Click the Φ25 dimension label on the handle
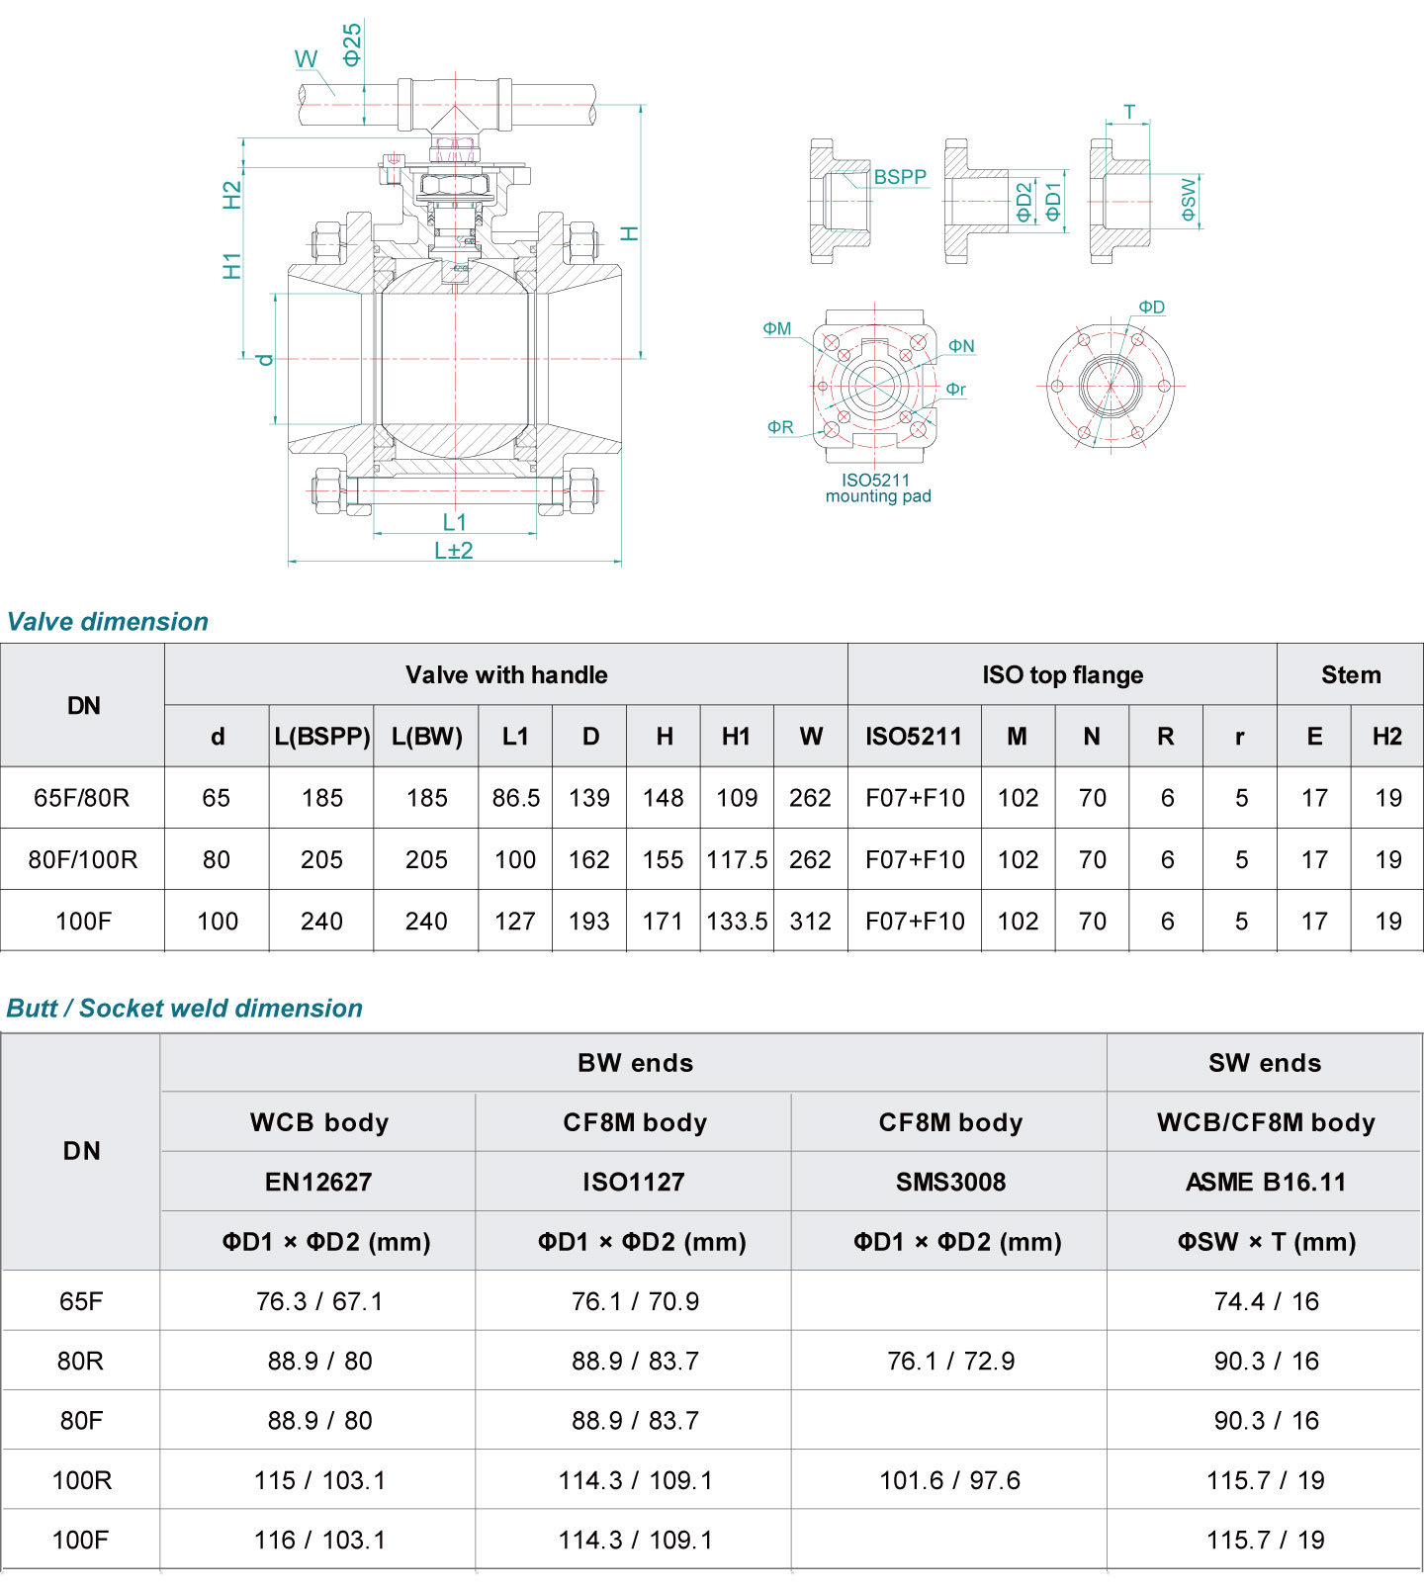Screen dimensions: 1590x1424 [x=352, y=44]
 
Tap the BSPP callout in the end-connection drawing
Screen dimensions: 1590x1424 [x=900, y=177]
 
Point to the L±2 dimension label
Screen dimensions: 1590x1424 [x=454, y=551]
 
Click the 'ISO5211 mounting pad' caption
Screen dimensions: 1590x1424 [x=877, y=488]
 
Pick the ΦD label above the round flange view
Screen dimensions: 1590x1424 [x=1151, y=308]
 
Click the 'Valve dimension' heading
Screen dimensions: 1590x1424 [x=108, y=622]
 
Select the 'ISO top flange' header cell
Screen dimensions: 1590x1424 [x=1062, y=675]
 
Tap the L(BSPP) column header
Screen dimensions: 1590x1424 [x=322, y=737]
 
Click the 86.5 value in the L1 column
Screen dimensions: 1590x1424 [x=515, y=798]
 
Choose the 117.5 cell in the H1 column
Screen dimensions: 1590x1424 [x=737, y=860]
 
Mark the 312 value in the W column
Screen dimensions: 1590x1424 [x=810, y=922]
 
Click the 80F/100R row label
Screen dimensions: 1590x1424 [x=83, y=860]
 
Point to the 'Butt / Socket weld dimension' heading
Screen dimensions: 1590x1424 [x=185, y=1009]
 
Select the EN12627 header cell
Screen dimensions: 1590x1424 [x=318, y=1183]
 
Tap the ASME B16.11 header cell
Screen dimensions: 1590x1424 [x=1265, y=1183]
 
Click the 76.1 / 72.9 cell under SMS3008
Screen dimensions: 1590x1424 [x=950, y=1362]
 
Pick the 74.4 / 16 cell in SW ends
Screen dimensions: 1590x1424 [x=1266, y=1302]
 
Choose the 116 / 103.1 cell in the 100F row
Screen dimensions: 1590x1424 [x=319, y=1541]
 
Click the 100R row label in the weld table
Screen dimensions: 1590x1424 [x=82, y=1481]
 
